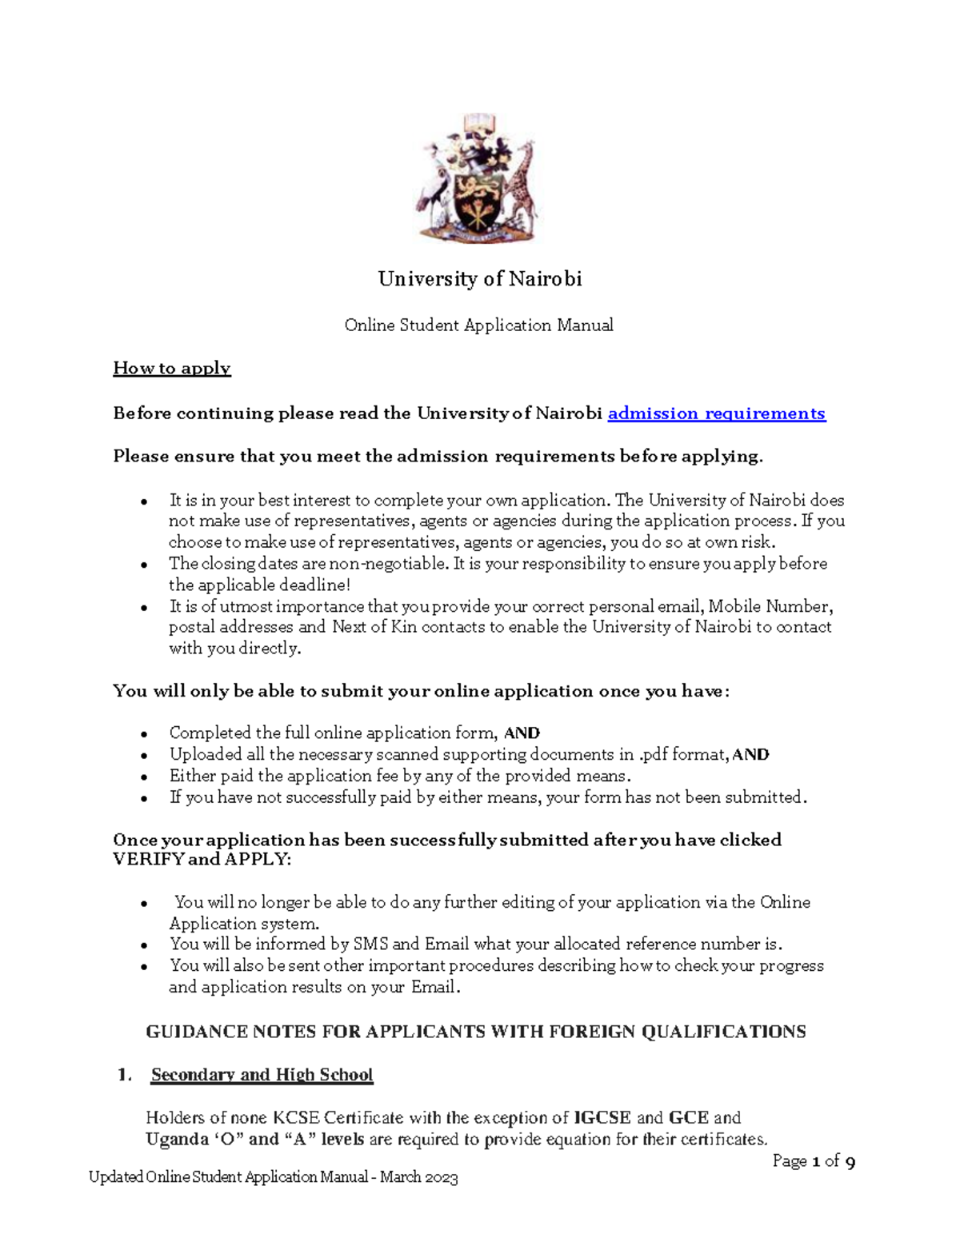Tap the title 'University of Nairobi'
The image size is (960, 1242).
[x=479, y=279]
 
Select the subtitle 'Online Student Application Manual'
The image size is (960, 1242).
[x=478, y=325]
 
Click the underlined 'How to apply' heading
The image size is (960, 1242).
[x=172, y=369]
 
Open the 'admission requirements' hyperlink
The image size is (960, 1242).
[x=716, y=413]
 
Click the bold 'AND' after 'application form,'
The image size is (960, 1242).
[x=522, y=733]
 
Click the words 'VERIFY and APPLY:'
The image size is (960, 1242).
[x=202, y=860]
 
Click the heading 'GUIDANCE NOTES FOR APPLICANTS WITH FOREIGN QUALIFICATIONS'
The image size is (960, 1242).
[x=475, y=1032]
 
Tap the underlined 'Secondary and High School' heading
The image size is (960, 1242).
[x=262, y=1075]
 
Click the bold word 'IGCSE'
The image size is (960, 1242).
[x=602, y=1118]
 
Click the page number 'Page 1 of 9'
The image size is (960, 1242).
[x=814, y=1161]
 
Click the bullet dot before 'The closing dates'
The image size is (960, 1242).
[x=143, y=565]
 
